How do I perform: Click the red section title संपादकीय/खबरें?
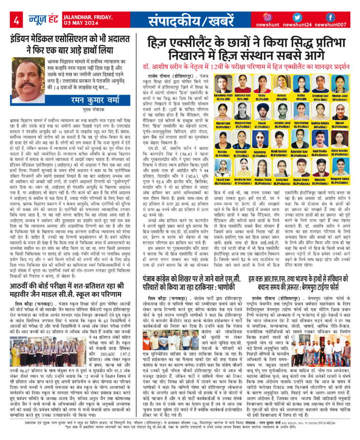click(x=187, y=21)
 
